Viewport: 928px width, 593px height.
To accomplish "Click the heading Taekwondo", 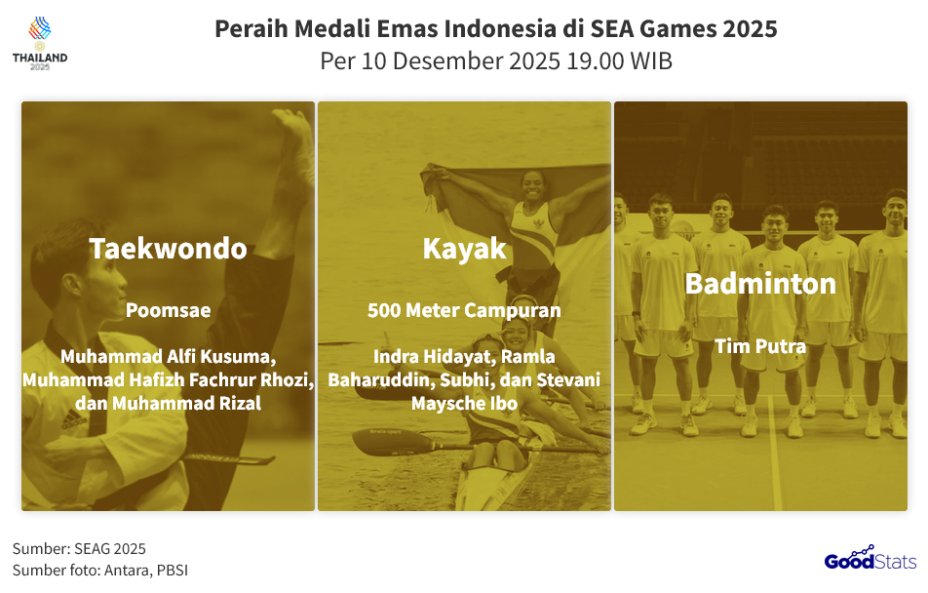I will coord(168,249).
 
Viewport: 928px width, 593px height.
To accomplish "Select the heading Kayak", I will coord(464,249).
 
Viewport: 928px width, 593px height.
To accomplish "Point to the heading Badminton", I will coord(760,284).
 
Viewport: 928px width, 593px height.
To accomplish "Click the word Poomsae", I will coord(168,311).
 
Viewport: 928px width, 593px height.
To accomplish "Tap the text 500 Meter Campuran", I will coord(464,311).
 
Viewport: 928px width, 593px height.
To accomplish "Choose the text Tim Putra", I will coord(760,346).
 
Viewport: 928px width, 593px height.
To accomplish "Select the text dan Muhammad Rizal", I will coord(168,402).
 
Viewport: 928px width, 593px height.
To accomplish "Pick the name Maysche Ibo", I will coord(464,402).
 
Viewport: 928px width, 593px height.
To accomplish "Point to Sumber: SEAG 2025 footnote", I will coord(79,549).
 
